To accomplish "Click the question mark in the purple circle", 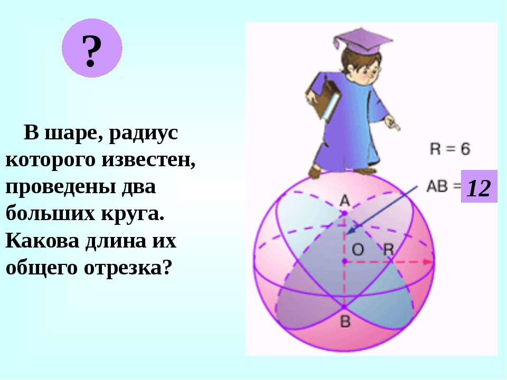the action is [92, 51].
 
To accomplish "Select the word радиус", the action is [144, 133].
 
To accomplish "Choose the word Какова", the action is [42, 241].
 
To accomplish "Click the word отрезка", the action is [127, 268].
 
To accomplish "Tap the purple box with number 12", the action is [479, 186].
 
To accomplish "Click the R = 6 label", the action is [450, 149].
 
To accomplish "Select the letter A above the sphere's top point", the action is [345, 201].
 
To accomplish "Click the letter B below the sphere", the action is [345, 321].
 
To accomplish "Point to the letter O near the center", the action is [358, 250].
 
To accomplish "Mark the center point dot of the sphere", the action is [345, 261].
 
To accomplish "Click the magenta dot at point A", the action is [345, 213].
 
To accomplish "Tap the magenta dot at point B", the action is [344, 306].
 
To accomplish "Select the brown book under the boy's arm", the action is [323, 97].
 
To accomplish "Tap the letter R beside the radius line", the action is [388, 250].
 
